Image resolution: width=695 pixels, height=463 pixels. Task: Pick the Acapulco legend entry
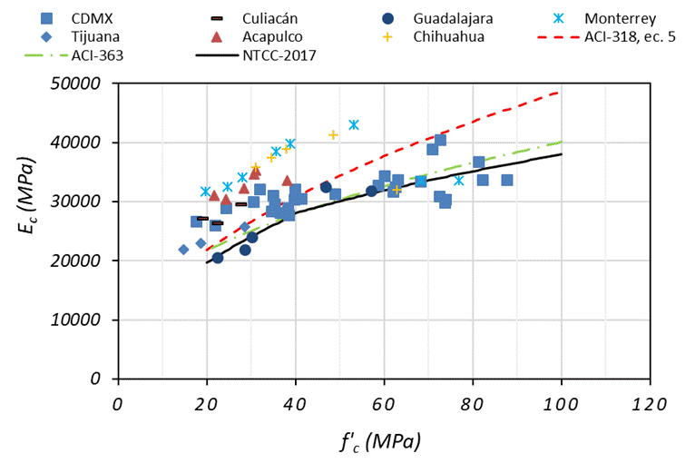tap(257, 36)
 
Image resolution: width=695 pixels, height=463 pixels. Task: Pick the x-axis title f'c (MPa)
tap(381, 442)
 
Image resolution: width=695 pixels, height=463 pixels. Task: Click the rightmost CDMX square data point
tap(507, 180)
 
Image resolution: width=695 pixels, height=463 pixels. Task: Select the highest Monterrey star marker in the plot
tap(354, 124)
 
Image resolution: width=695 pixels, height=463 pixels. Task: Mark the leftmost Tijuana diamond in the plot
tap(183, 250)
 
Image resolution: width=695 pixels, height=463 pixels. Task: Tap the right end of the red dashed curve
tap(560, 93)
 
